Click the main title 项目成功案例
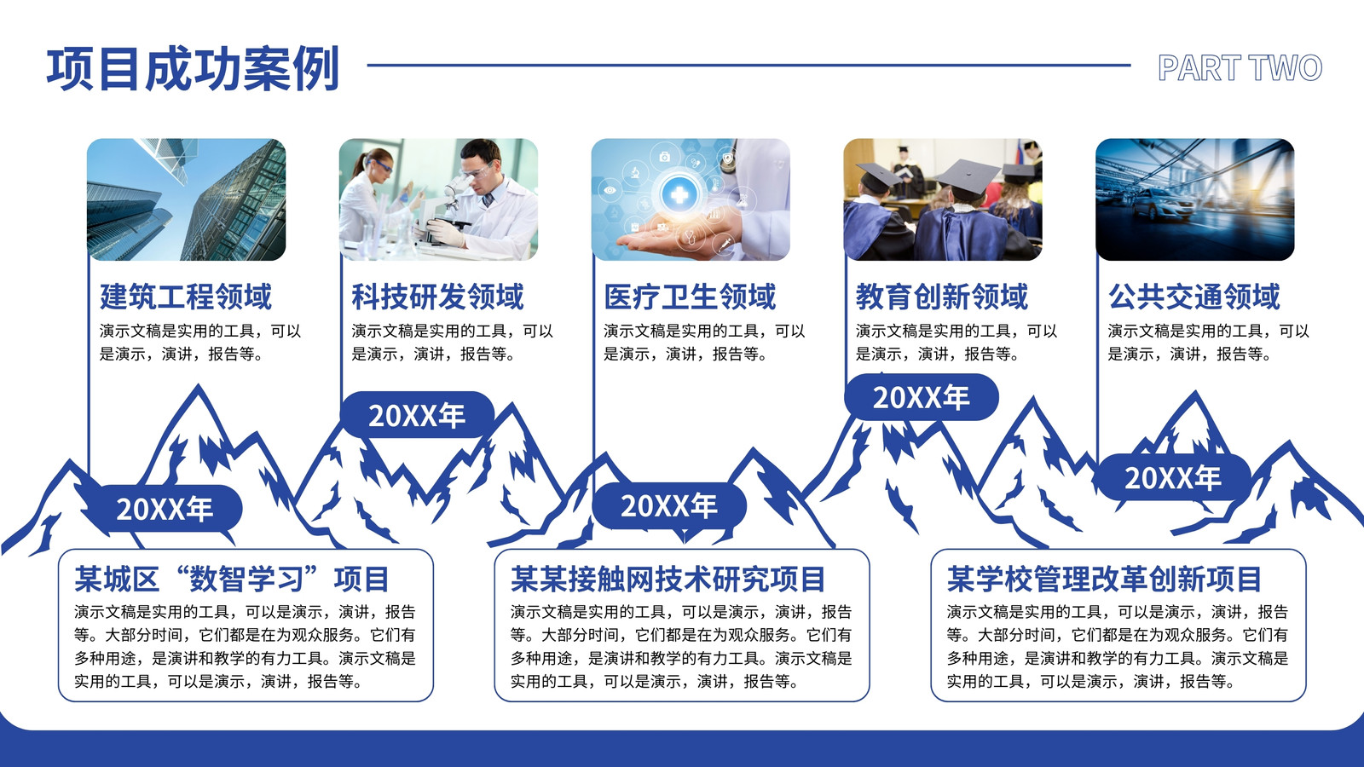(193, 68)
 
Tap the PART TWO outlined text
(1240, 67)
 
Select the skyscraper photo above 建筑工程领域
(187, 199)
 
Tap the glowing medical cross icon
(679, 195)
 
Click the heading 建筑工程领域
(186, 297)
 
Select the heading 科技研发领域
(438, 297)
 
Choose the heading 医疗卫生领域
(690, 297)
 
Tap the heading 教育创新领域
(942, 297)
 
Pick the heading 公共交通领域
(1194, 297)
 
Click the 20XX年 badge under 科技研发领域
(417, 415)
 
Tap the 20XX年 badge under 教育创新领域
(922, 397)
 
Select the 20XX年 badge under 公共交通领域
(1173, 477)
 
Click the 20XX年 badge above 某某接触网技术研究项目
(668, 506)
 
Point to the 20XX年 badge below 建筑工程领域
(165, 508)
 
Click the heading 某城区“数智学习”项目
(232, 579)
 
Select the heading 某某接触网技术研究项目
(668, 579)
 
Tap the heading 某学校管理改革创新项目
(1104, 579)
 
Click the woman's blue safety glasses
(382, 165)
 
